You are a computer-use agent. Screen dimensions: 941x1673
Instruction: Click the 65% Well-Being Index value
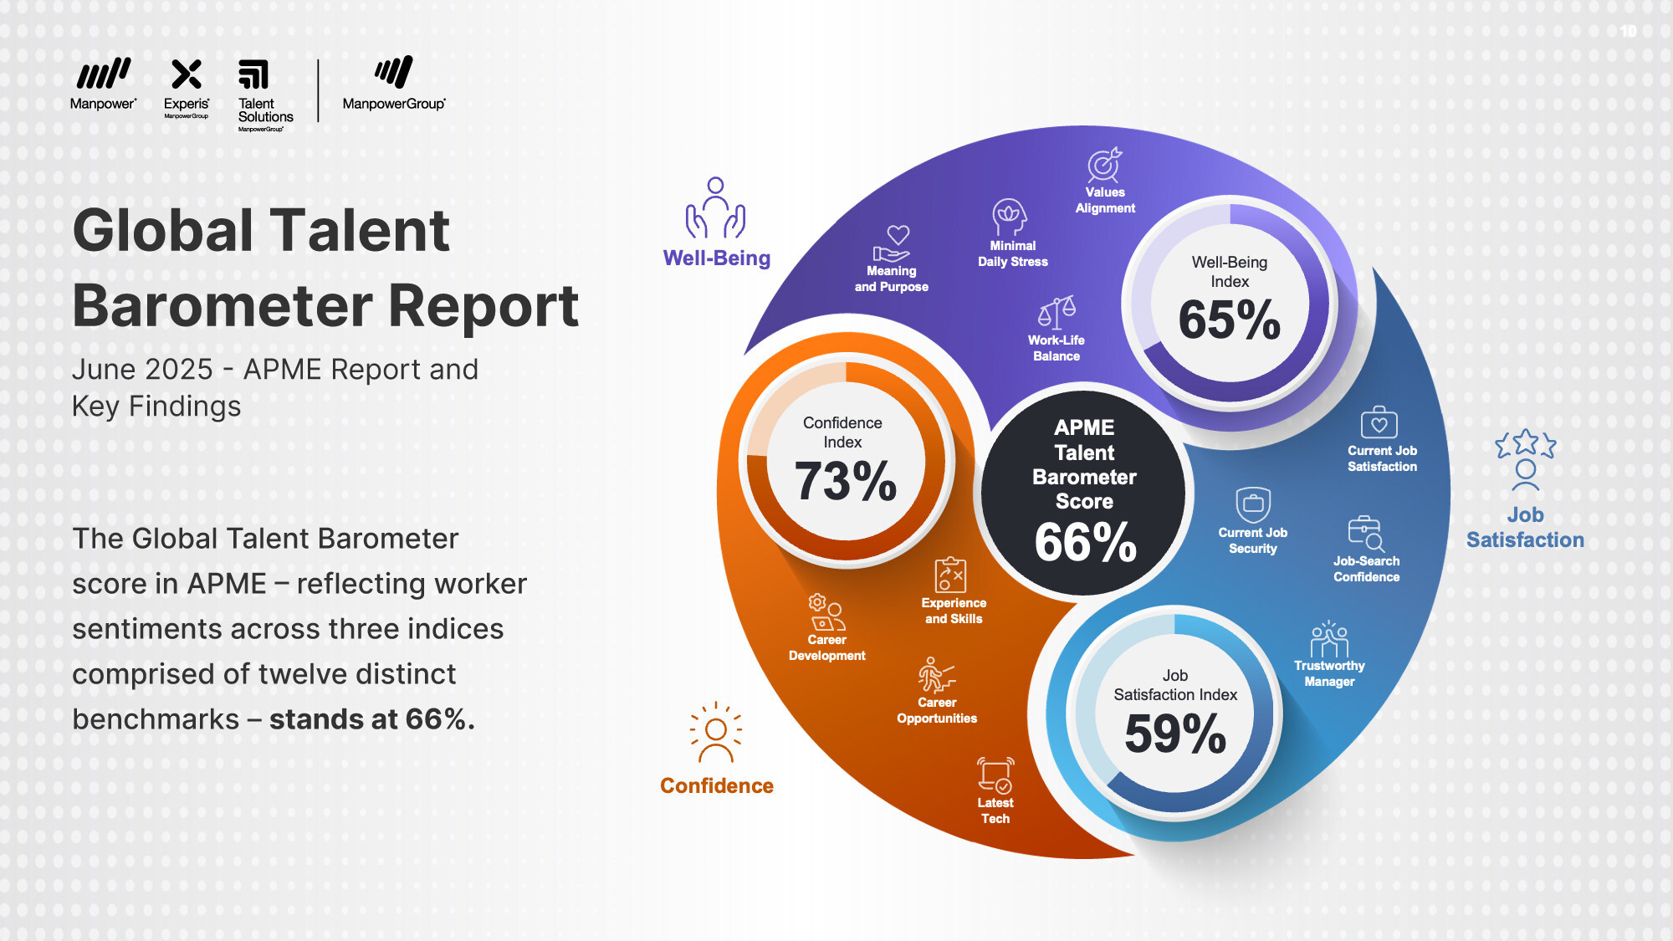(x=1229, y=320)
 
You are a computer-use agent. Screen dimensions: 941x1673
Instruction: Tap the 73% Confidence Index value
(x=845, y=481)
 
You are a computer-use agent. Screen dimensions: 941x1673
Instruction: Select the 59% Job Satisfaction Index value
(x=1175, y=734)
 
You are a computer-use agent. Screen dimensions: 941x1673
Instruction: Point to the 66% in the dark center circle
(x=1085, y=542)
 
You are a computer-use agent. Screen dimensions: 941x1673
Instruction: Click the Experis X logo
(x=187, y=74)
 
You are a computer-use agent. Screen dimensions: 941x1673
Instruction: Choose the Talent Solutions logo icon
(x=253, y=74)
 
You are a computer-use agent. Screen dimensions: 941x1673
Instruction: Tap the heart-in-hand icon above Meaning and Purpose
(x=893, y=243)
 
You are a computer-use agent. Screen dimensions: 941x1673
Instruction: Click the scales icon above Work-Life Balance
(x=1056, y=312)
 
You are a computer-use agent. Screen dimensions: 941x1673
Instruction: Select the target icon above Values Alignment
(x=1104, y=165)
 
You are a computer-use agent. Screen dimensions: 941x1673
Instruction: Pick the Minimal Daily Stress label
(x=1012, y=253)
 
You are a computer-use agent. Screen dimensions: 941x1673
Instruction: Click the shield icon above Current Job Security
(x=1253, y=504)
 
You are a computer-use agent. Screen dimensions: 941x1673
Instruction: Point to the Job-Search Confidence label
(x=1366, y=569)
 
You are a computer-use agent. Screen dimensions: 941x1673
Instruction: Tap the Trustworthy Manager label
(x=1329, y=673)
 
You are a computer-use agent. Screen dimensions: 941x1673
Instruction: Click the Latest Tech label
(x=995, y=811)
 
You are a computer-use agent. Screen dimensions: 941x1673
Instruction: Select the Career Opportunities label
(x=937, y=710)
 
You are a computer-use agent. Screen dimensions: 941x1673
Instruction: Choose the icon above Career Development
(x=826, y=612)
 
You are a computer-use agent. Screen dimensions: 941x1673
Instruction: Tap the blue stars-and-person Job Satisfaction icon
(x=1525, y=459)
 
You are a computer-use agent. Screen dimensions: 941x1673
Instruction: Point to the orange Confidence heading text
(x=717, y=785)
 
